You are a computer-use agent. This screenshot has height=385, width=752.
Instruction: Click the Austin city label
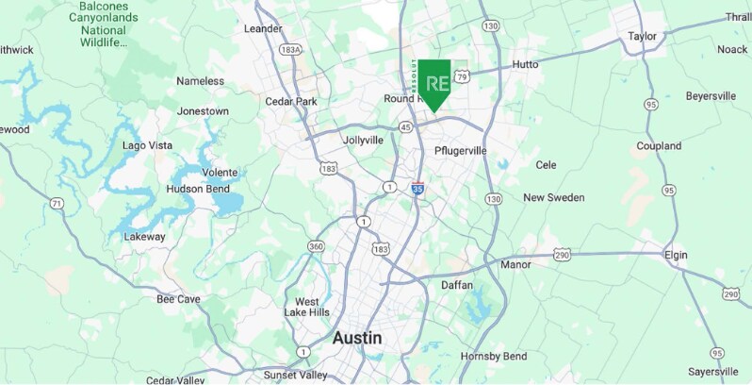click(x=356, y=337)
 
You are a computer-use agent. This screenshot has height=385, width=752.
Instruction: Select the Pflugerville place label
click(x=461, y=151)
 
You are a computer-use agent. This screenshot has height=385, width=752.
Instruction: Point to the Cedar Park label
click(x=291, y=102)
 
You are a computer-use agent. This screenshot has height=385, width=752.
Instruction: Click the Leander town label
click(x=263, y=28)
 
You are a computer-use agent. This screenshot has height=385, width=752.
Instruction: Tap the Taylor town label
click(x=642, y=37)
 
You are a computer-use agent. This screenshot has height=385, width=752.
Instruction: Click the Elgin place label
click(x=676, y=255)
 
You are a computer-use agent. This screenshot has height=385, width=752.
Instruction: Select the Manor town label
click(x=515, y=265)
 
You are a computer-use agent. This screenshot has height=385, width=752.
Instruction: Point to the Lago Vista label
click(x=147, y=145)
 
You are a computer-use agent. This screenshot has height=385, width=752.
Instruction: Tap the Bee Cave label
click(x=178, y=299)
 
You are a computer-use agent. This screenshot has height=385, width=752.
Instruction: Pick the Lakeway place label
click(x=144, y=237)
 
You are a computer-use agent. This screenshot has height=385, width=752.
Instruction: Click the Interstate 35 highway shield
click(x=417, y=189)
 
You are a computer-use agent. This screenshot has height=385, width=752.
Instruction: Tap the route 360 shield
click(x=316, y=246)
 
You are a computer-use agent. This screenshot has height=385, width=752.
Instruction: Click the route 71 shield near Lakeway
click(x=57, y=203)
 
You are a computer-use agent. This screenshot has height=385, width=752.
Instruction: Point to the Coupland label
click(x=659, y=146)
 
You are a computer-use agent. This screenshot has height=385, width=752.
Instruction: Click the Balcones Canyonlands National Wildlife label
click(x=104, y=24)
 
